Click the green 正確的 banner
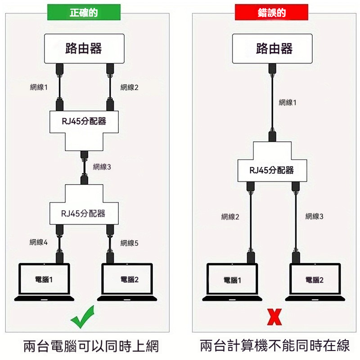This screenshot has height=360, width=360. click(84, 13)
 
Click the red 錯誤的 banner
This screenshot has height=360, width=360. click(272, 13)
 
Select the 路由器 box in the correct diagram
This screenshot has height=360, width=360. click(84, 49)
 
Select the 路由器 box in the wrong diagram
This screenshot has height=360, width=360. click(274, 49)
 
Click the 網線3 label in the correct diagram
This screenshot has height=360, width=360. click(102, 167)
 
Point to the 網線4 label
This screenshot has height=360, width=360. click(39, 243)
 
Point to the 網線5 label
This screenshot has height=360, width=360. click(130, 243)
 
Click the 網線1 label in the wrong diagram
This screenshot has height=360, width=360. click(288, 103)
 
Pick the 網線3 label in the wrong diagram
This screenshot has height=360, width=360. click(315, 216)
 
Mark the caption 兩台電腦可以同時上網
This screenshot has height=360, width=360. click(91, 346)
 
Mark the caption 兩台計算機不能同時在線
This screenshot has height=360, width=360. click(274, 346)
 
